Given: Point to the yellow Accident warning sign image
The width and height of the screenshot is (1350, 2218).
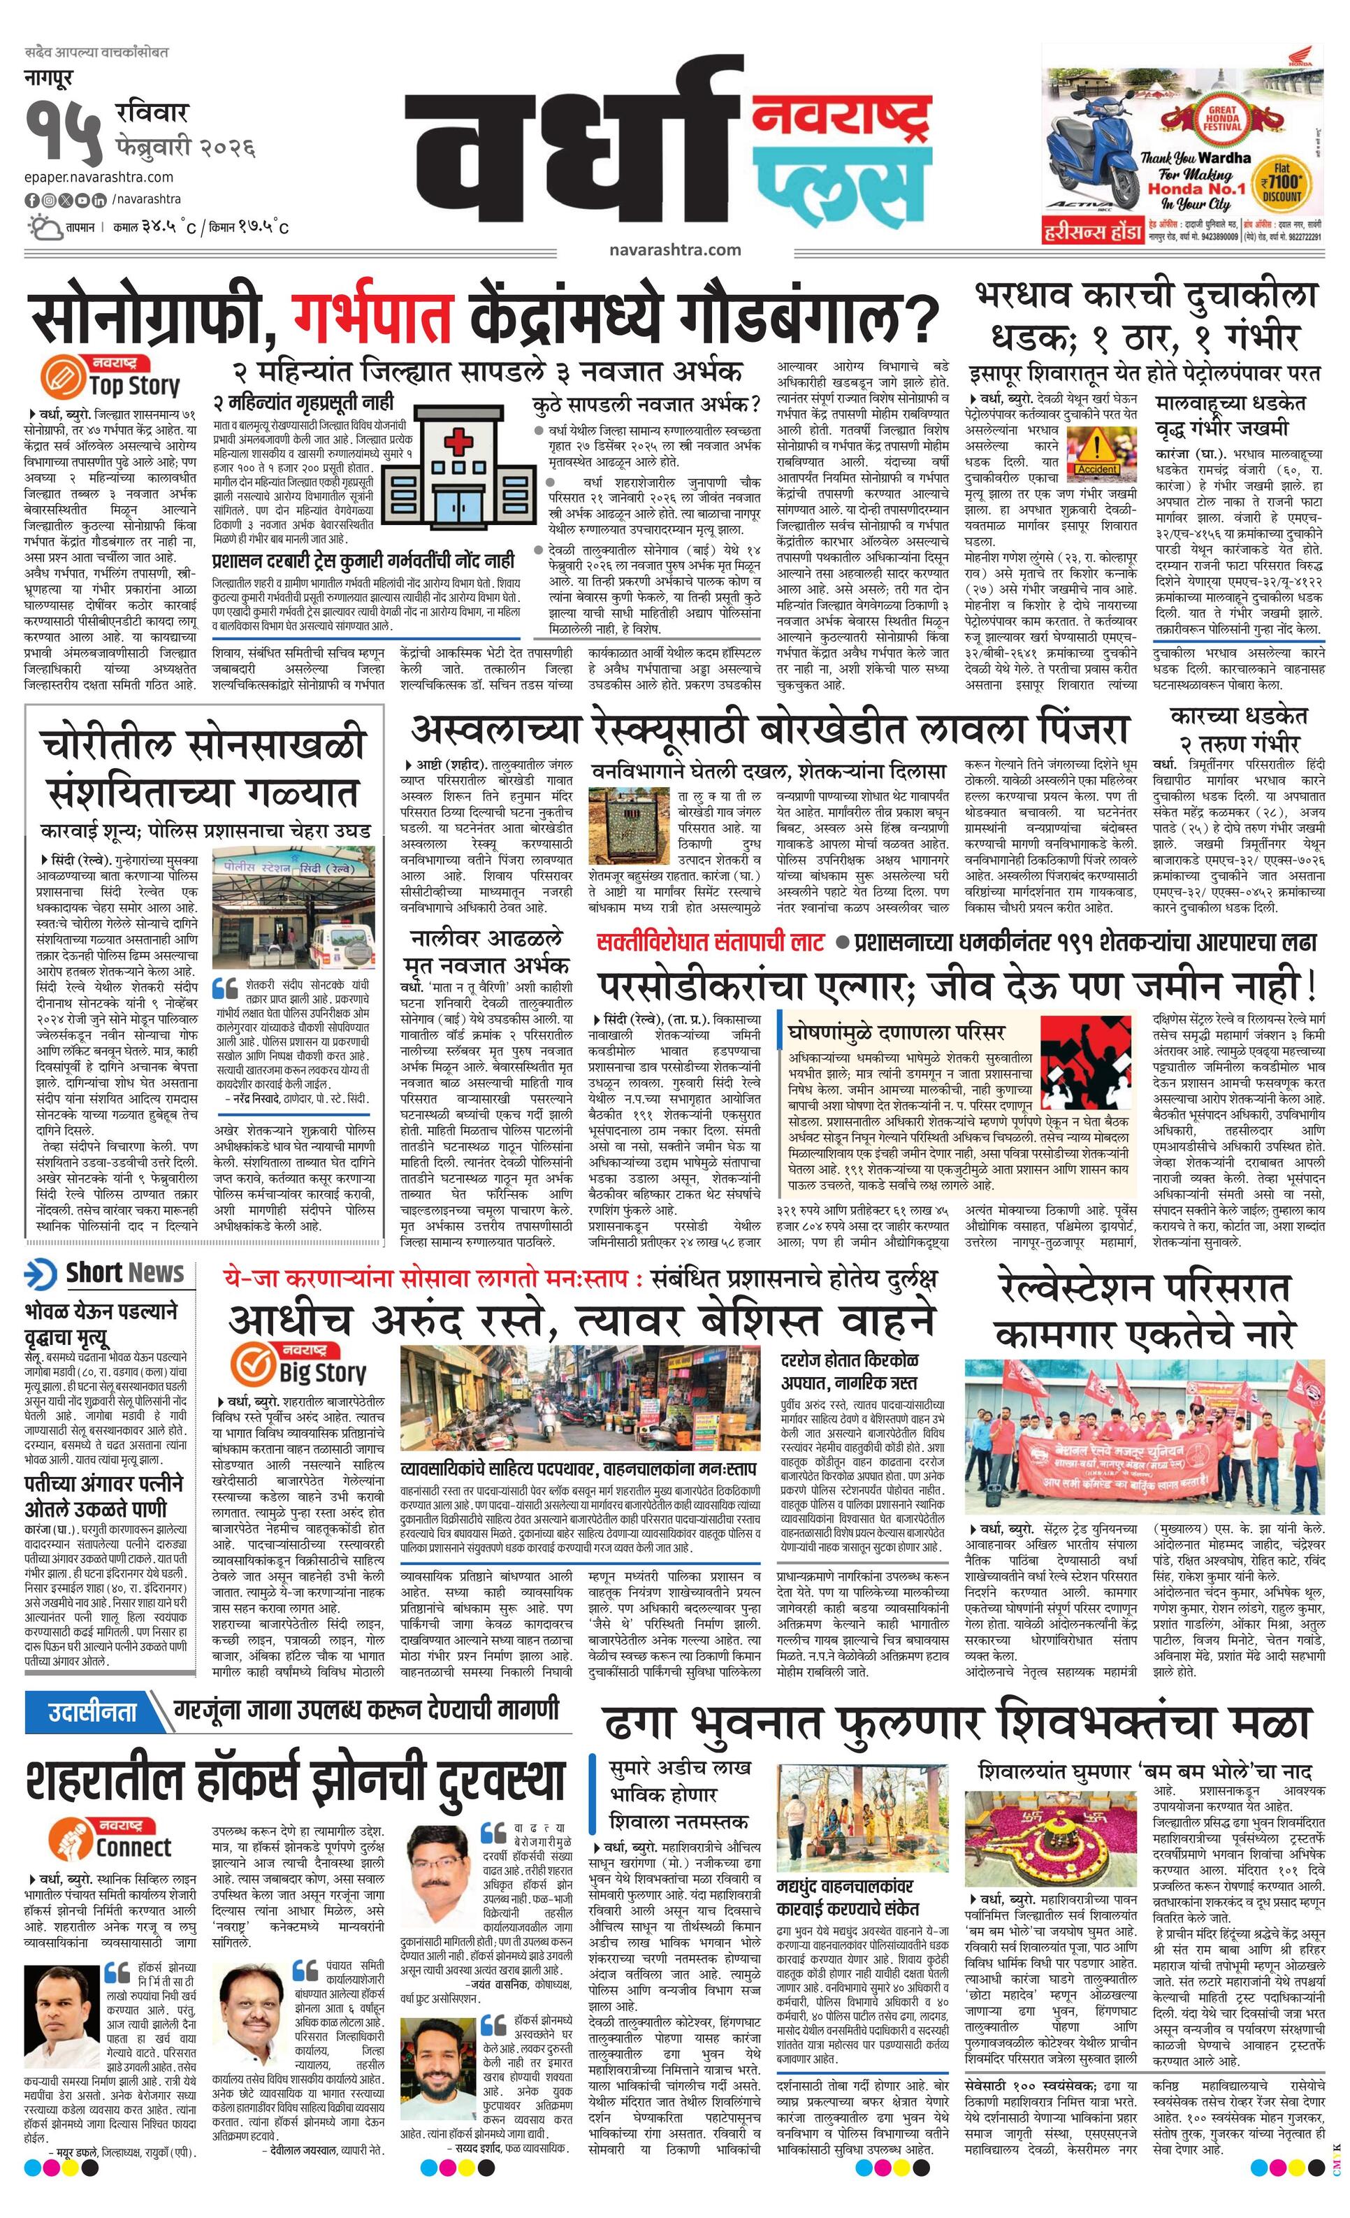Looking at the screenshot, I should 1096,449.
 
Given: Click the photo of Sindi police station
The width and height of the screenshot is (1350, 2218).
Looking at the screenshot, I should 295,909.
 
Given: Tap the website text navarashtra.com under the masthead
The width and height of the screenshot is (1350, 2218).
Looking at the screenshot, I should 674,250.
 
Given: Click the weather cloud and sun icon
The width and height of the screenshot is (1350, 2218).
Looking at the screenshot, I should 43,225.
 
